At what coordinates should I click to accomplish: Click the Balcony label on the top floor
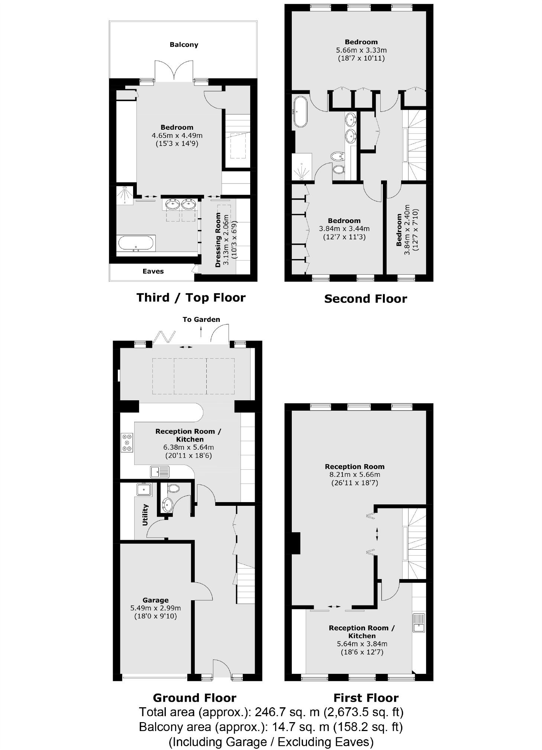(184, 45)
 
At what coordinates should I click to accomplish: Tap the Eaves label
(153, 271)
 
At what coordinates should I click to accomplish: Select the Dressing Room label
(218, 240)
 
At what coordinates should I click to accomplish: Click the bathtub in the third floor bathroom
(135, 244)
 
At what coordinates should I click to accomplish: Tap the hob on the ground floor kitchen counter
(127, 443)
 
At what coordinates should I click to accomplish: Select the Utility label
(145, 514)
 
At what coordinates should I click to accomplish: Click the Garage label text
(155, 600)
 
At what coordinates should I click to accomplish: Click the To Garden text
(201, 319)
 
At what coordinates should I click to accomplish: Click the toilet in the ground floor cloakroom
(173, 488)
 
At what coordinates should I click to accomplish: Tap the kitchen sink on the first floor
(419, 623)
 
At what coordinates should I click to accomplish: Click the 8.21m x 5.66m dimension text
(354, 475)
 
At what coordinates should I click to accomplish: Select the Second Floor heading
(365, 299)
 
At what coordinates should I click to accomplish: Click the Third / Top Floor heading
(191, 298)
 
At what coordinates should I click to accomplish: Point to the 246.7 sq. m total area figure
(284, 712)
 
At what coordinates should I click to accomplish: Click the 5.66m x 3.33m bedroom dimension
(361, 50)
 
